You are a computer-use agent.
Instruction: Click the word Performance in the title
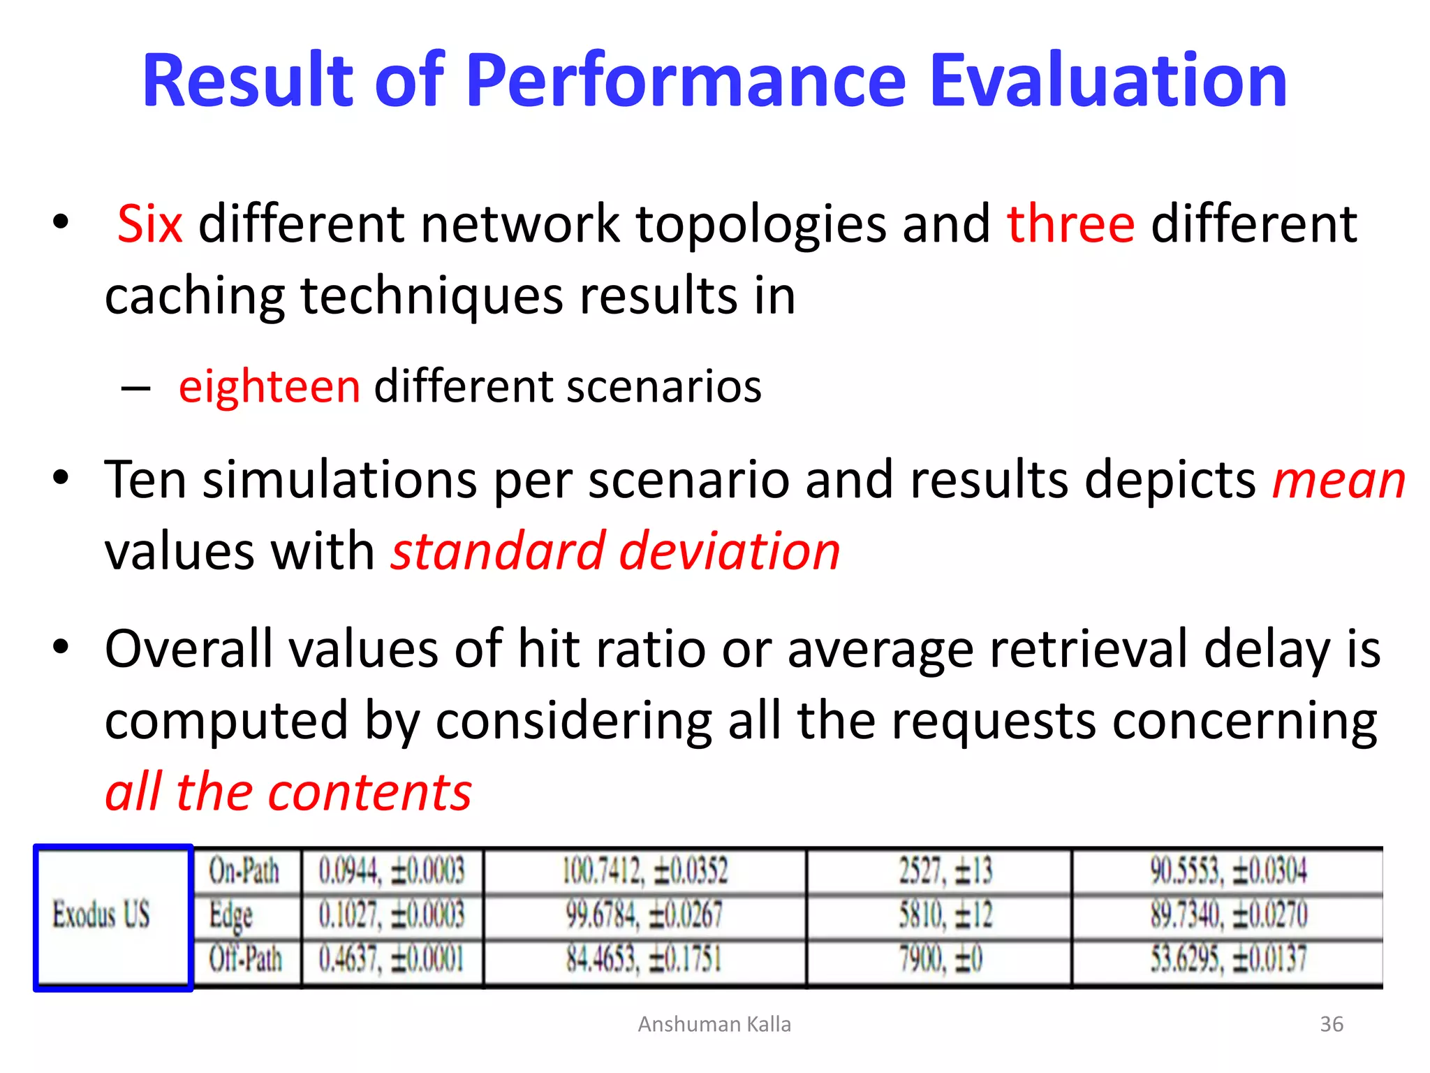coord(686,81)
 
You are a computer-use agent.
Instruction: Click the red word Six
coord(150,224)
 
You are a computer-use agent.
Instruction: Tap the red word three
coord(1070,224)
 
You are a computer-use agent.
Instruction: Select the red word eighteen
coord(270,386)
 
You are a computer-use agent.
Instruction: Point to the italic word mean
coord(1339,481)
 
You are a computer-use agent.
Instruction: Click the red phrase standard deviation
coord(615,552)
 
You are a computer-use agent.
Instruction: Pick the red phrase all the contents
coord(288,792)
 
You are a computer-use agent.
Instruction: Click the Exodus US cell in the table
coord(102,915)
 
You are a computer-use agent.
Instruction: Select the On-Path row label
coord(244,871)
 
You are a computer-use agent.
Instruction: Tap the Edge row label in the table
coord(231,915)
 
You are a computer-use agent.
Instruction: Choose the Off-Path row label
coord(246,959)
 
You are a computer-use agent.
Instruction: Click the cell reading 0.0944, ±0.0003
coord(392,871)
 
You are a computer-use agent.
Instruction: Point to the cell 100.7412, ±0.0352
coord(645,871)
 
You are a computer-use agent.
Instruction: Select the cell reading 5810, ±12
coord(945,915)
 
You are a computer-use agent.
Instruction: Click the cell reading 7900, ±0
coord(941,959)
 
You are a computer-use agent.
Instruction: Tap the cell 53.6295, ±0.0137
coord(1229,959)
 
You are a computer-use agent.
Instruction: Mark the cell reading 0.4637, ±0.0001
coord(392,959)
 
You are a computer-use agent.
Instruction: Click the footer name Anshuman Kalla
coord(714,1024)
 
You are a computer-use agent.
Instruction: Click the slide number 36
coord(1332,1024)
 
